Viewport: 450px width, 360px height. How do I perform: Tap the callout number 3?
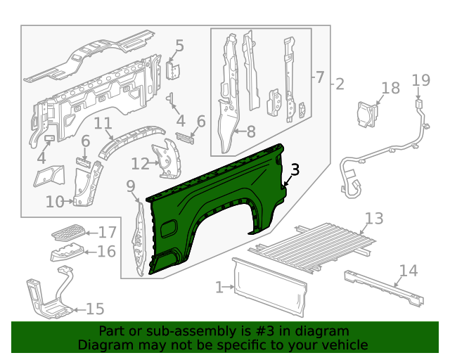point(295,169)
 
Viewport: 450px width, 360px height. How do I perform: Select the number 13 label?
point(374,218)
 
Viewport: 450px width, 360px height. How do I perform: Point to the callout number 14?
point(408,271)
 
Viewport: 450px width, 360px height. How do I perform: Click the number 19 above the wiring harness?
point(420,80)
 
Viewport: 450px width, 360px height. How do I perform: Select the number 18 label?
point(390,88)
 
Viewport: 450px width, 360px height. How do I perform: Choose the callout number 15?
point(94,309)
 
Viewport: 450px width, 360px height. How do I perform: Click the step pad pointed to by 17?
point(69,231)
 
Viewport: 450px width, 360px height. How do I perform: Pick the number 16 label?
point(106,252)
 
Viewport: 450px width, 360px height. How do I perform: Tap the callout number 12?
point(140,164)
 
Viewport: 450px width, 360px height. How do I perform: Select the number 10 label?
point(55,202)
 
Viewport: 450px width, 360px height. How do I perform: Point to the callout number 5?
point(179,46)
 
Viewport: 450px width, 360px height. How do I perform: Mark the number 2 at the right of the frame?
point(339,85)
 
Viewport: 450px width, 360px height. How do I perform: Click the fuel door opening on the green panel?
point(169,229)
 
